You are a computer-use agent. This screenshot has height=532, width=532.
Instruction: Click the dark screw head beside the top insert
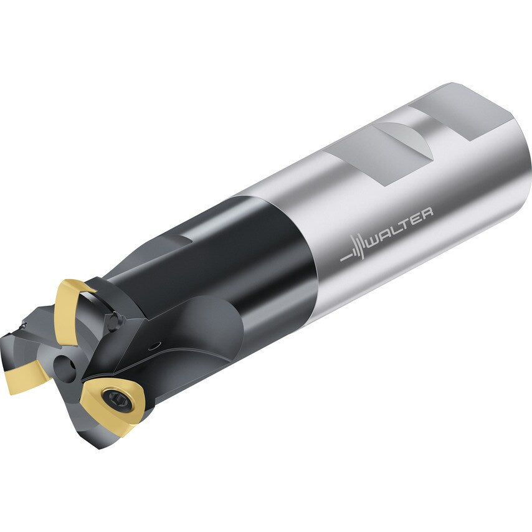(x=113, y=321)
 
